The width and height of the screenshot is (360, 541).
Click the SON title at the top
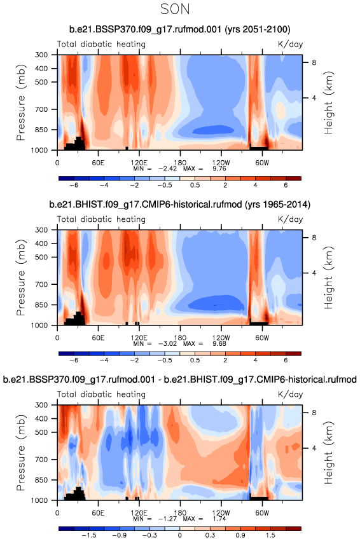tap(175, 9)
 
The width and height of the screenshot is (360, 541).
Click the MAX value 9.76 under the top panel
tap(219, 168)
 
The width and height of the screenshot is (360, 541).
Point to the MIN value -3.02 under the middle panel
tap(167, 343)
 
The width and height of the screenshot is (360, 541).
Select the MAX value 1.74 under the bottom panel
tap(219, 518)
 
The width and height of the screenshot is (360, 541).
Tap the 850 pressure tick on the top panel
tap(41, 130)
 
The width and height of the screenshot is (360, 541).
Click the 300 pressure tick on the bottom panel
tap(41, 405)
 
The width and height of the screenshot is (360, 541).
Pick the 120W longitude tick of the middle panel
tap(221, 338)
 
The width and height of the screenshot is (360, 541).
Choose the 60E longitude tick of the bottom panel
tap(98, 512)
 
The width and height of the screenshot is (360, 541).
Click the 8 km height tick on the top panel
tap(314, 62)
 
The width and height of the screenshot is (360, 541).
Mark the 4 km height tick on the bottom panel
tap(314, 448)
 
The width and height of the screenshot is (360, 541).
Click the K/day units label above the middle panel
tap(290, 219)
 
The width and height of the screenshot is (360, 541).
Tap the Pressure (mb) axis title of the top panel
tap(21, 102)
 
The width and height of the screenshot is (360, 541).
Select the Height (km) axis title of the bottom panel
tap(329, 453)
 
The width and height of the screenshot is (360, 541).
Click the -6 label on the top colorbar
tap(74, 185)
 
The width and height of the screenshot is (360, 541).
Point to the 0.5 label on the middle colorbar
tap(195, 360)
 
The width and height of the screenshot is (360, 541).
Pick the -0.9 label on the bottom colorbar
tap(120, 535)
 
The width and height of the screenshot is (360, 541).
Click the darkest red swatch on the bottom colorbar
tap(293, 528)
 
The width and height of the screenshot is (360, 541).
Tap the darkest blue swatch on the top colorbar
tap(66, 179)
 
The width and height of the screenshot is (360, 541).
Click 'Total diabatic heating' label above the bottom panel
tap(101, 394)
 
